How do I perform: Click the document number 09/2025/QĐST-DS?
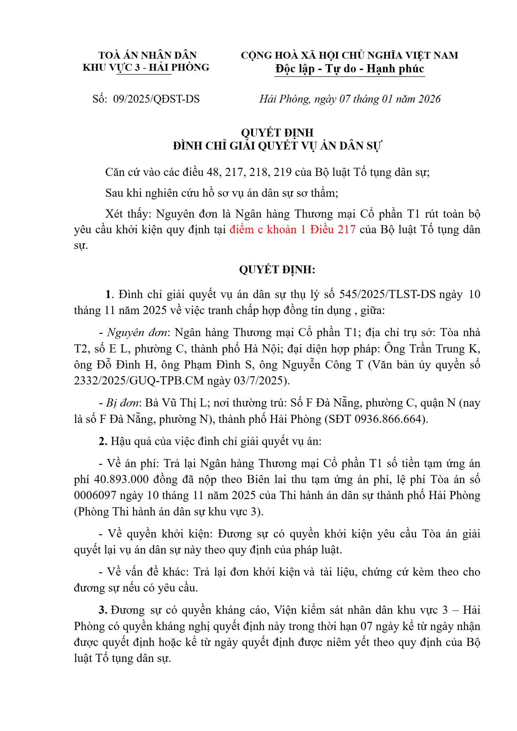click(156, 99)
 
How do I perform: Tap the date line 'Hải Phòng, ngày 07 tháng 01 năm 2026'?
click(350, 99)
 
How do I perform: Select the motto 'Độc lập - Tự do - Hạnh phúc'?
click(349, 69)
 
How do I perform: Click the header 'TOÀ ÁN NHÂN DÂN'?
click(147, 55)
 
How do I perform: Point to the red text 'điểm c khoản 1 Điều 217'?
click(292, 230)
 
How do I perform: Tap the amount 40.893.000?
click(121, 480)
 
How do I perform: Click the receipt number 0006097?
click(95, 495)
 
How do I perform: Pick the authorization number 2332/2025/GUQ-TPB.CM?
click(139, 380)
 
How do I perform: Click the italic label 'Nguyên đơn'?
click(137, 333)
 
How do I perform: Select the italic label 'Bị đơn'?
click(123, 403)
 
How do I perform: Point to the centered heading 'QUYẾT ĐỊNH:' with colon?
click(277, 270)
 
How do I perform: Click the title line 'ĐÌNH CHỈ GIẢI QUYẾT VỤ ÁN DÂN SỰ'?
click(277, 146)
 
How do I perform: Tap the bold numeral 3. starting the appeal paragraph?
click(103, 610)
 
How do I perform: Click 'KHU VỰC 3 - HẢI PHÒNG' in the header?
click(146, 67)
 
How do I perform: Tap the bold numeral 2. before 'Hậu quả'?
click(103, 441)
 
